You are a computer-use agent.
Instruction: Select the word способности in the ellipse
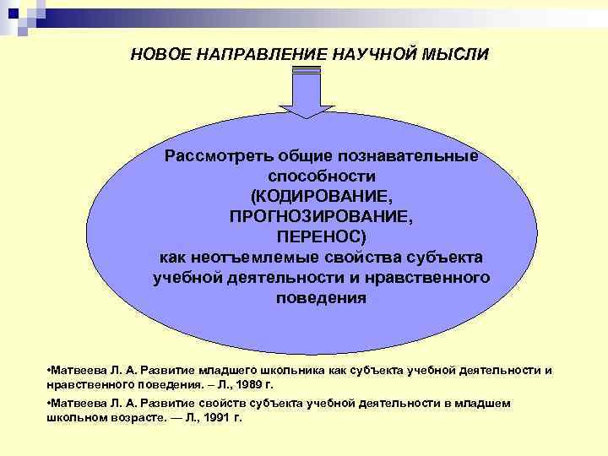322,176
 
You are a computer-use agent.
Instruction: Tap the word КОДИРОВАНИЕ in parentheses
322,196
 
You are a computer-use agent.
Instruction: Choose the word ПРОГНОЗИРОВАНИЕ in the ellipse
322,216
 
